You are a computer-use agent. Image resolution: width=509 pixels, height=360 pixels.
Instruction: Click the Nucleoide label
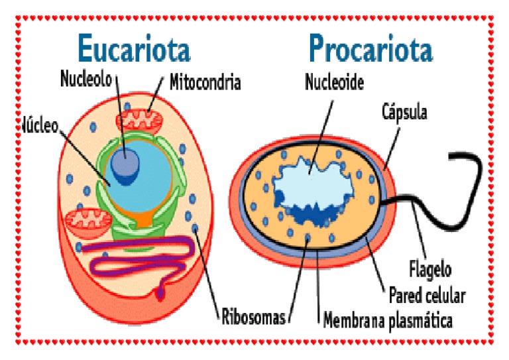click(x=335, y=82)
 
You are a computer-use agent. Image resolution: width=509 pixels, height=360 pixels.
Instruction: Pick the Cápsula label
click(x=404, y=112)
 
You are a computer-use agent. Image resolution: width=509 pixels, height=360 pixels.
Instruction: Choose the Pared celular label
click(x=427, y=294)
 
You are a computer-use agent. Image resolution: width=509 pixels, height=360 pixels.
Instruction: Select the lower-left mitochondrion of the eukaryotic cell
click(x=87, y=223)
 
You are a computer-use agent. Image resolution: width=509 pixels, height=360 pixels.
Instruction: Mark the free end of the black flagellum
click(x=453, y=158)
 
